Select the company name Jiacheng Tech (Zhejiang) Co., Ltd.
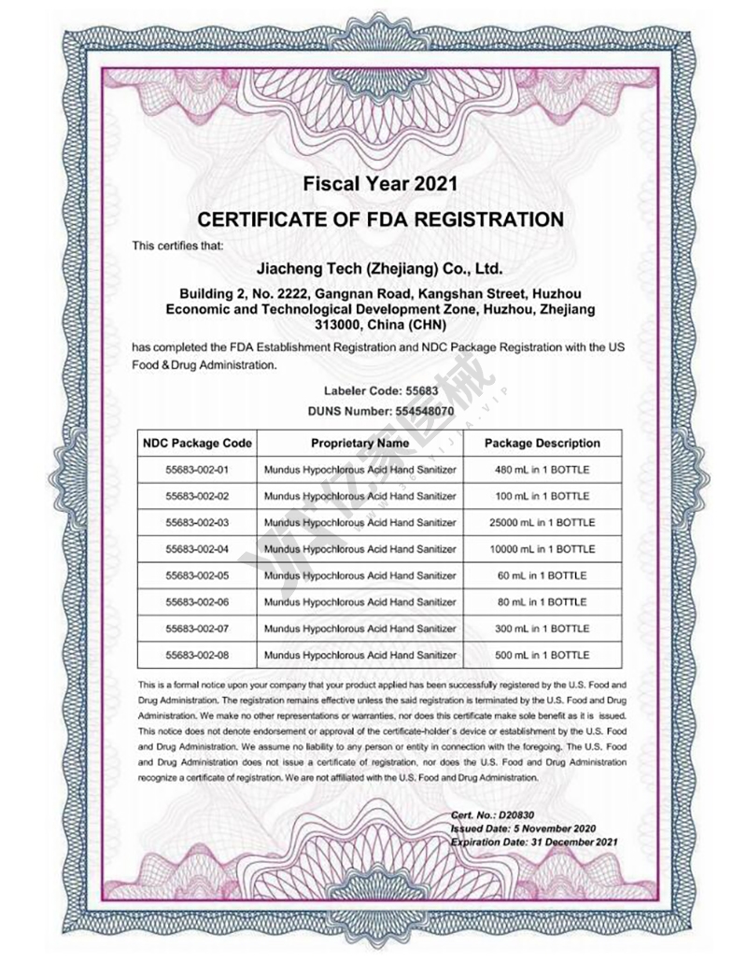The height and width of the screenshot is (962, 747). click(x=379, y=269)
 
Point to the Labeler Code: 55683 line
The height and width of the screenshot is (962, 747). click(x=380, y=391)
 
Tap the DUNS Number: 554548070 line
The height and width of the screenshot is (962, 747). click(x=380, y=410)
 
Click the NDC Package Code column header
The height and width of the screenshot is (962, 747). click(x=196, y=443)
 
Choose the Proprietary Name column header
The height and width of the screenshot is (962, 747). click(x=359, y=443)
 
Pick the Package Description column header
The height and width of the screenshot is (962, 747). click(x=542, y=443)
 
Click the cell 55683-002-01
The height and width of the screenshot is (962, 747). click(x=196, y=470)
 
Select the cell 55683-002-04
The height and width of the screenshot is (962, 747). click(x=196, y=549)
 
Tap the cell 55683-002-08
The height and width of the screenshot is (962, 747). click(x=196, y=655)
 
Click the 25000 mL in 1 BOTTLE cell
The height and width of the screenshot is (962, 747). click(x=542, y=522)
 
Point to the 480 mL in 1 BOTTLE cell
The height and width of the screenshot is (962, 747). click(x=542, y=470)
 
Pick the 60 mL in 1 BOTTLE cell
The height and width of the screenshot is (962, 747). click(x=542, y=575)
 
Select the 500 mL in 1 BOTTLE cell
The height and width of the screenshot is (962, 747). click(x=542, y=655)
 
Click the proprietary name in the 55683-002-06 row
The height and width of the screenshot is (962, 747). click(x=359, y=602)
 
